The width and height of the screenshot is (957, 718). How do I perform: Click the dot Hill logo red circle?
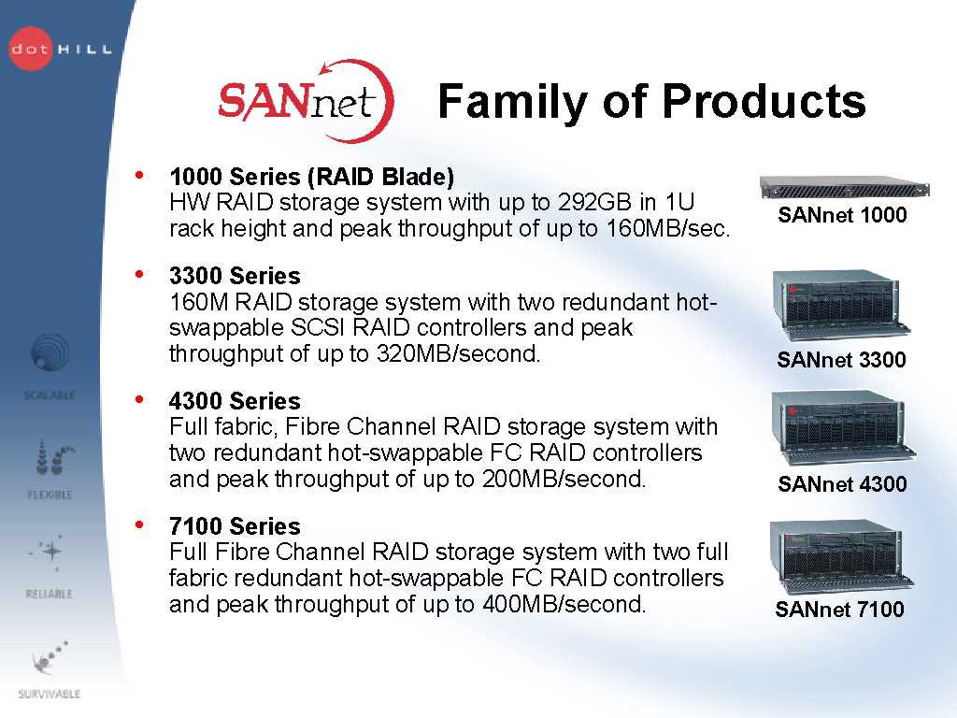(31, 49)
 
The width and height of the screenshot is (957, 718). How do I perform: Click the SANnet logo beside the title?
(306, 101)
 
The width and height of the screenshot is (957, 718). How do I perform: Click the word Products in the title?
(764, 102)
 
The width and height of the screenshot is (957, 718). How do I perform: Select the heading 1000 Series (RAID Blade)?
(312, 177)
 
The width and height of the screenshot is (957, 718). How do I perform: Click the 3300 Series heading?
(235, 276)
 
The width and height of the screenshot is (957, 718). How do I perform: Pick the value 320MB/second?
(458, 353)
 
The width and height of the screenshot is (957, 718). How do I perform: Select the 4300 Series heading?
(235, 401)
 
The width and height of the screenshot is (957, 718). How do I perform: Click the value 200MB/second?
(564, 479)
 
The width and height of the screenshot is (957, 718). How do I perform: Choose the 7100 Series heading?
(235, 526)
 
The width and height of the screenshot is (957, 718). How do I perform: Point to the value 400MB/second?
(564, 604)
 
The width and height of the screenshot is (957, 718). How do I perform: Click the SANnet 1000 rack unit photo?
(845, 186)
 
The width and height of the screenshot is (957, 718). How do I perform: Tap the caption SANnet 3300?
(841, 360)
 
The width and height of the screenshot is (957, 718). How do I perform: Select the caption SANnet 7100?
(840, 610)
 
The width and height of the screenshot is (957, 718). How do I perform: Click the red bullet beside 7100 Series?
(140, 524)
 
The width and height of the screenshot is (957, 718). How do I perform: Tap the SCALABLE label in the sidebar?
(50, 395)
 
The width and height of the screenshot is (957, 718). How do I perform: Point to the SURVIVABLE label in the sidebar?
(50, 694)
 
